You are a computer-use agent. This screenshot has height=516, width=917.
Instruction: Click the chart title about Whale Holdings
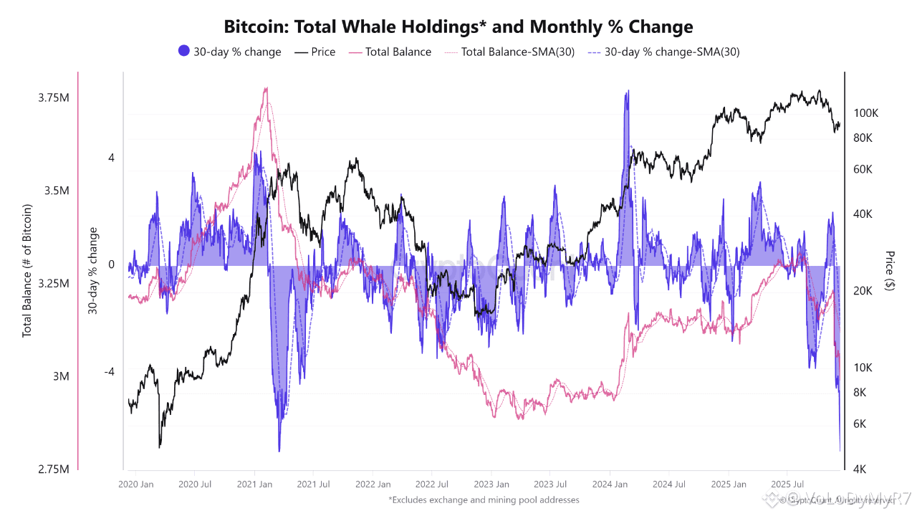(458, 27)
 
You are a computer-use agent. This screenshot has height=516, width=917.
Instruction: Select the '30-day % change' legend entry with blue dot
(229, 52)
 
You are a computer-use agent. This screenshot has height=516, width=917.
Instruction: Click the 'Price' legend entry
(315, 52)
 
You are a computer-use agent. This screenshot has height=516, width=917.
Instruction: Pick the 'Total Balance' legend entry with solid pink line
(390, 52)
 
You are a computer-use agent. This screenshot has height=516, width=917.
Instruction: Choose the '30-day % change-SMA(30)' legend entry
(663, 52)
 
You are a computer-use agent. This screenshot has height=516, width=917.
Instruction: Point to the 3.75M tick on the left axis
(54, 97)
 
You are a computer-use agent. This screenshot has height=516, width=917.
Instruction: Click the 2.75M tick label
(54, 469)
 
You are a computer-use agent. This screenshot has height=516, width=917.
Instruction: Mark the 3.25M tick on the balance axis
(54, 284)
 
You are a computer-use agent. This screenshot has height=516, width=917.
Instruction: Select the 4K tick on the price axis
(859, 469)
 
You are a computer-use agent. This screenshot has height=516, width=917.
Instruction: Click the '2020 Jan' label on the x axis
(137, 484)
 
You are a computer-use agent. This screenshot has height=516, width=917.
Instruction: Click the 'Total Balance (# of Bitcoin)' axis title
(27, 271)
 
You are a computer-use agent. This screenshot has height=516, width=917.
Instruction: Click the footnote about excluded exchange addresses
(484, 500)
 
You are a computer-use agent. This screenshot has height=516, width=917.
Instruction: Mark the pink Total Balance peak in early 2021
(267, 88)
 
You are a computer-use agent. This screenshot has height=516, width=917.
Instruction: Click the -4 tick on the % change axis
(110, 372)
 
